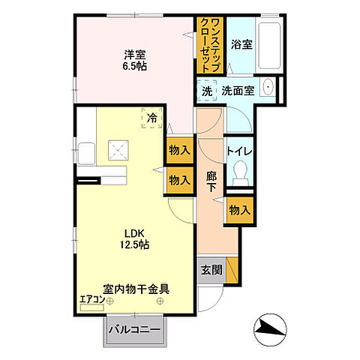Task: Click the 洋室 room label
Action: point(135,54)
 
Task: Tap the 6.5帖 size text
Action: point(135,66)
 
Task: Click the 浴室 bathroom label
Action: point(241,44)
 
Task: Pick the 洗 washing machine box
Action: point(206,91)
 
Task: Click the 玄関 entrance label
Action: point(209,268)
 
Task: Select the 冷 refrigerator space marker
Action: point(152,117)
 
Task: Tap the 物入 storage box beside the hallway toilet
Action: point(239,211)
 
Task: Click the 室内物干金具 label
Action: point(136,286)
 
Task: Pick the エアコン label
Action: point(91,301)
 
